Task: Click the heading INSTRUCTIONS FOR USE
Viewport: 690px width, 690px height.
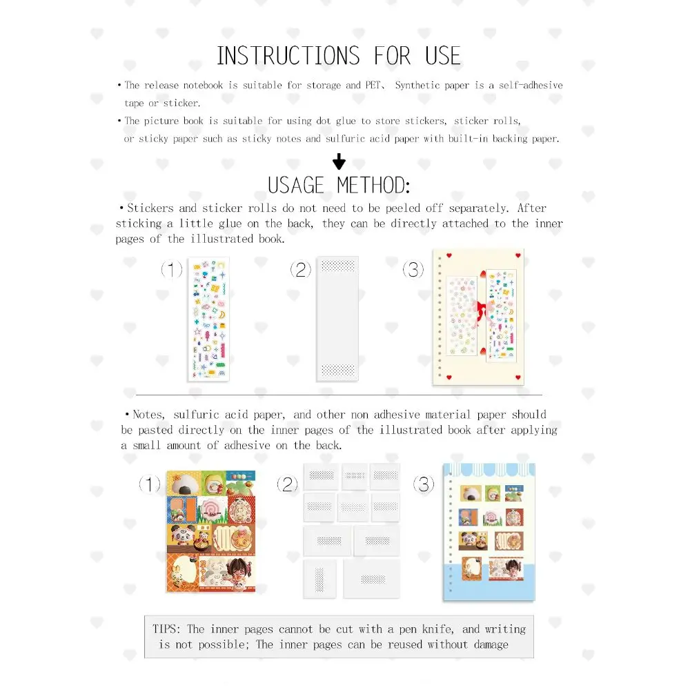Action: coord(338,56)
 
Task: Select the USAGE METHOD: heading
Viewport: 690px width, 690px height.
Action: coord(339,185)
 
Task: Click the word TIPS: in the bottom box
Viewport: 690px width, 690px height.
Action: coord(168,629)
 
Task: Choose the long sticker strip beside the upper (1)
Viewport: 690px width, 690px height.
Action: coord(208,319)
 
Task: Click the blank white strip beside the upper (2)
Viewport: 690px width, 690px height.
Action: coord(337,319)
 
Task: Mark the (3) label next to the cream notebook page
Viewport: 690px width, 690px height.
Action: coord(413,270)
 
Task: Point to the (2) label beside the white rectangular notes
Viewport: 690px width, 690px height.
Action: coord(287,484)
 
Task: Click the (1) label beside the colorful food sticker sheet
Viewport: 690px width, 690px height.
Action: coord(150,484)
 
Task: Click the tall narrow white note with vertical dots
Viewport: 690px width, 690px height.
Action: coord(319,578)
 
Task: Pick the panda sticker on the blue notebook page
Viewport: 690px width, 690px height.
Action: coord(470,542)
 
